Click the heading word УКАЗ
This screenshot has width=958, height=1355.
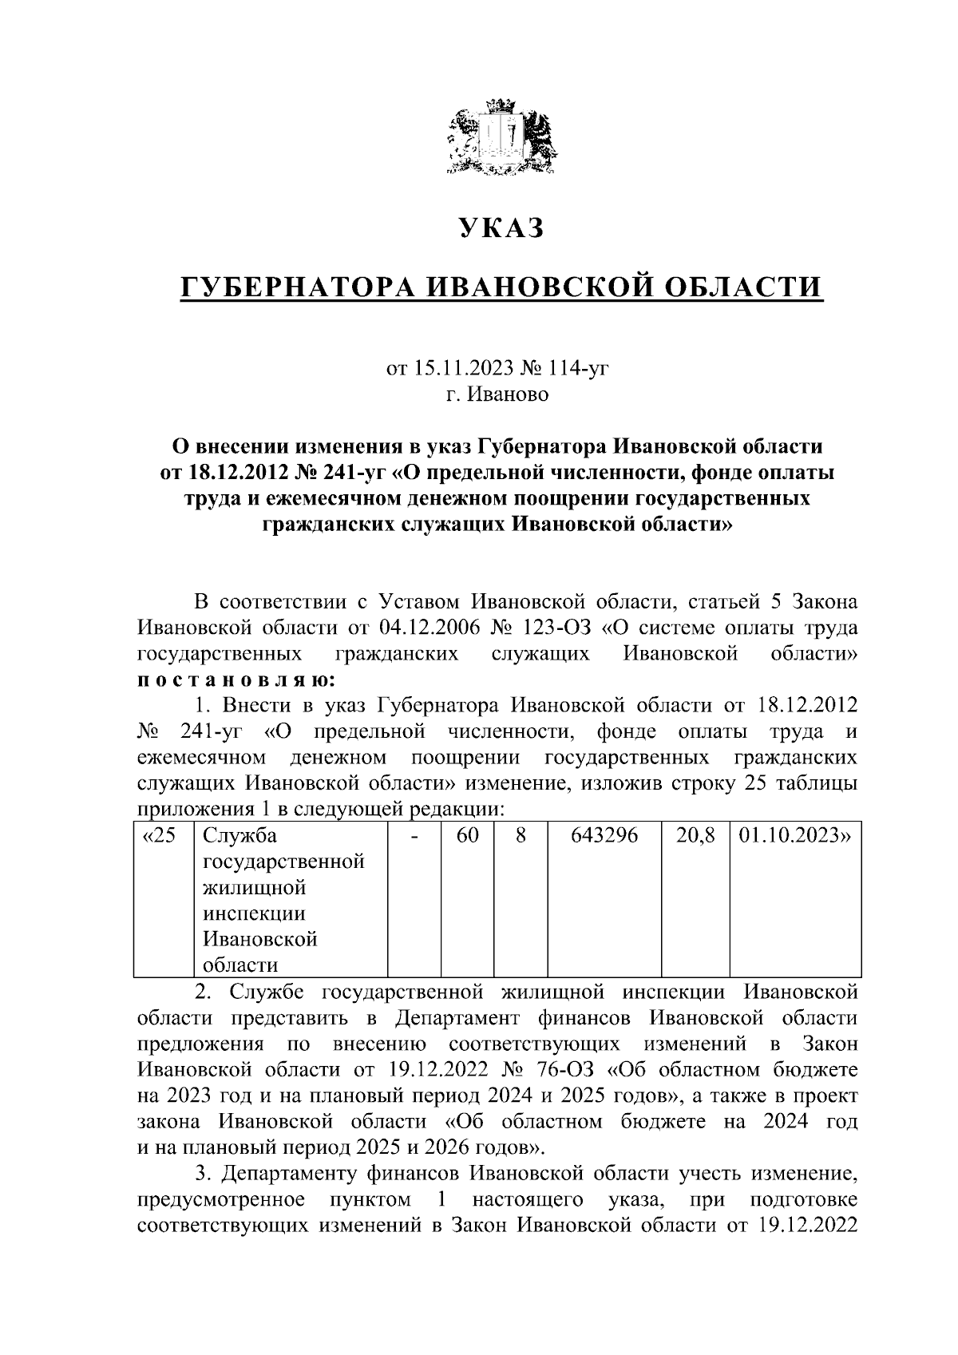(x=501, y=229)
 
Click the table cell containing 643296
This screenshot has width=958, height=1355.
(x=604, y=836)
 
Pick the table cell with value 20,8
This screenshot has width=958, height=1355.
(x=695, y=836)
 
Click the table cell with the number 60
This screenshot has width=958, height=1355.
(x=468, y=836)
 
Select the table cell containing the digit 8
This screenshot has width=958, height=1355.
(x=520, y=836)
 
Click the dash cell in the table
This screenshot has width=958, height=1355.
(x=414, y=836)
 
